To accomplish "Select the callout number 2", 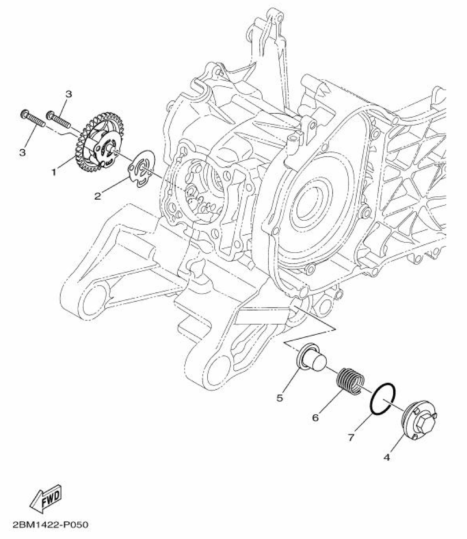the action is point(98,196).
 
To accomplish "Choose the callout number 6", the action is point(315,418).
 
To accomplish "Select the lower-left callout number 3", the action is point(22,152).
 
